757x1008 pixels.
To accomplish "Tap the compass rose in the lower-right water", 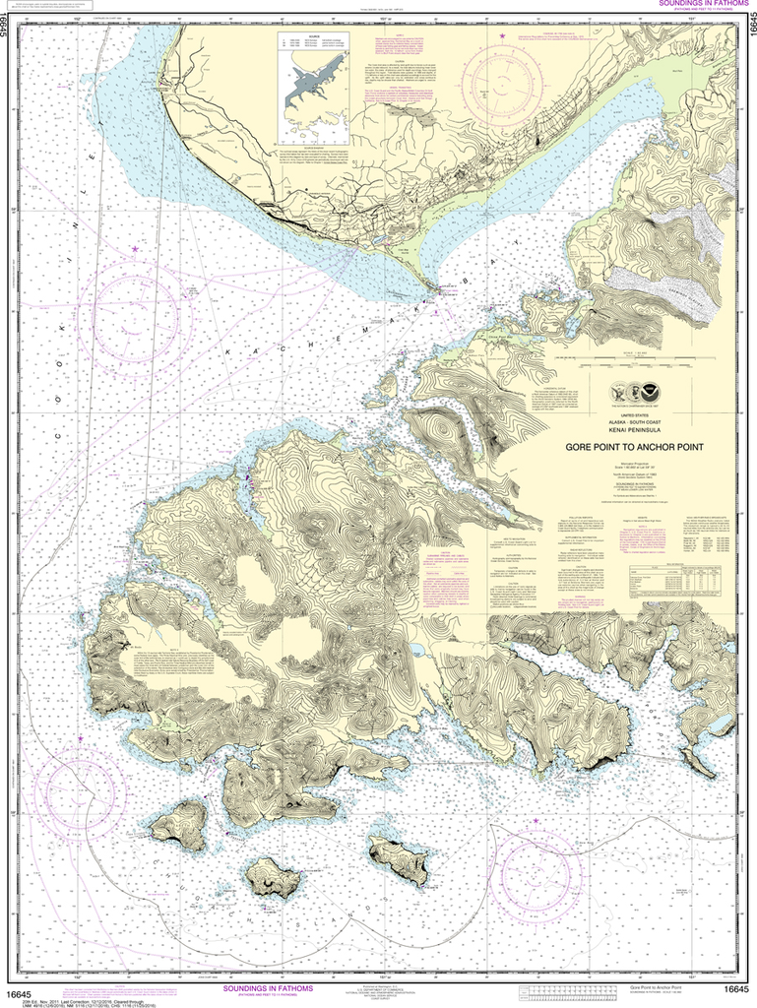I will pos(536,867).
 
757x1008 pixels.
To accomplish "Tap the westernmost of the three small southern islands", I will pos(180,824).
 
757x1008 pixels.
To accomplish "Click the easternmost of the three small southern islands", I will pos(399,858).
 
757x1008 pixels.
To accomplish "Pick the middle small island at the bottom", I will pos(273,876).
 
